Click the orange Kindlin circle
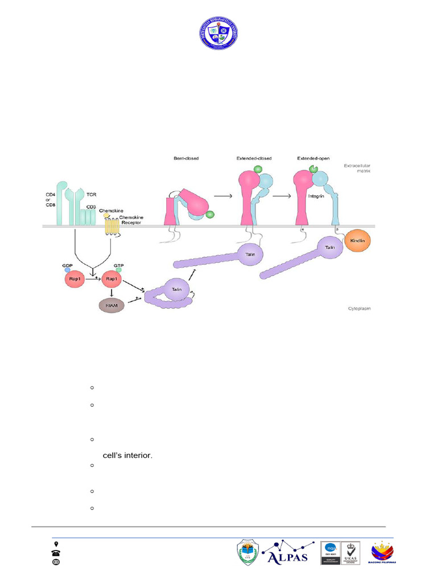(357, 241)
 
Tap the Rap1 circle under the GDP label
(75, 280)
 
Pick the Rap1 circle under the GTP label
(112, 280)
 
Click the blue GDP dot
(68, 270)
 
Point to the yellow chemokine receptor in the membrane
(113, 228)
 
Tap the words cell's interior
(127, 454)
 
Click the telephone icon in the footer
(56, 553)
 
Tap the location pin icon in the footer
(56, 544)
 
